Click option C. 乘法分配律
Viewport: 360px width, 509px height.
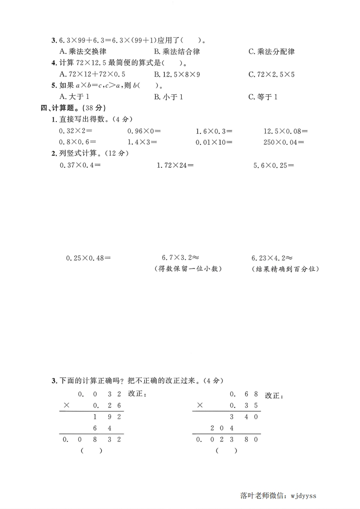[x=271, y=52]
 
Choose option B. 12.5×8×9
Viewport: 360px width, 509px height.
[x=177, y=74]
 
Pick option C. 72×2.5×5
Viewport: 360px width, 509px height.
[x=271, y=74]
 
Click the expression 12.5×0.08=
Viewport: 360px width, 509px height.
[x=286, y=131]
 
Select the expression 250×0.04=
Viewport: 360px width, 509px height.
[x=286, y=142]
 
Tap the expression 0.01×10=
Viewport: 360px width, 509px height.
[x=214, y=142]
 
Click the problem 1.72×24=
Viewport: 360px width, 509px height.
[x=175, y=165]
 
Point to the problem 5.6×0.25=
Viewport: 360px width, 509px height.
[x=273, y=165]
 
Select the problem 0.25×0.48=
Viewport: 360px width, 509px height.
[x=89, y=258]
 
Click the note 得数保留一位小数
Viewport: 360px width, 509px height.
[x=187, y=269]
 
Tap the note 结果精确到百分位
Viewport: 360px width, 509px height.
[x=285, y=269]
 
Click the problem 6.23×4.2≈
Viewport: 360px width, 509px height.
[x=272, y=258]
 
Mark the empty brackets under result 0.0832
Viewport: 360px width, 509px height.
[x=91, y=450]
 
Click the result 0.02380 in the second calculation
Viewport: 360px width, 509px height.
[x=227, y=439]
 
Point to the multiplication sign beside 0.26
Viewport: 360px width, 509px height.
[x=67, y=405]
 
